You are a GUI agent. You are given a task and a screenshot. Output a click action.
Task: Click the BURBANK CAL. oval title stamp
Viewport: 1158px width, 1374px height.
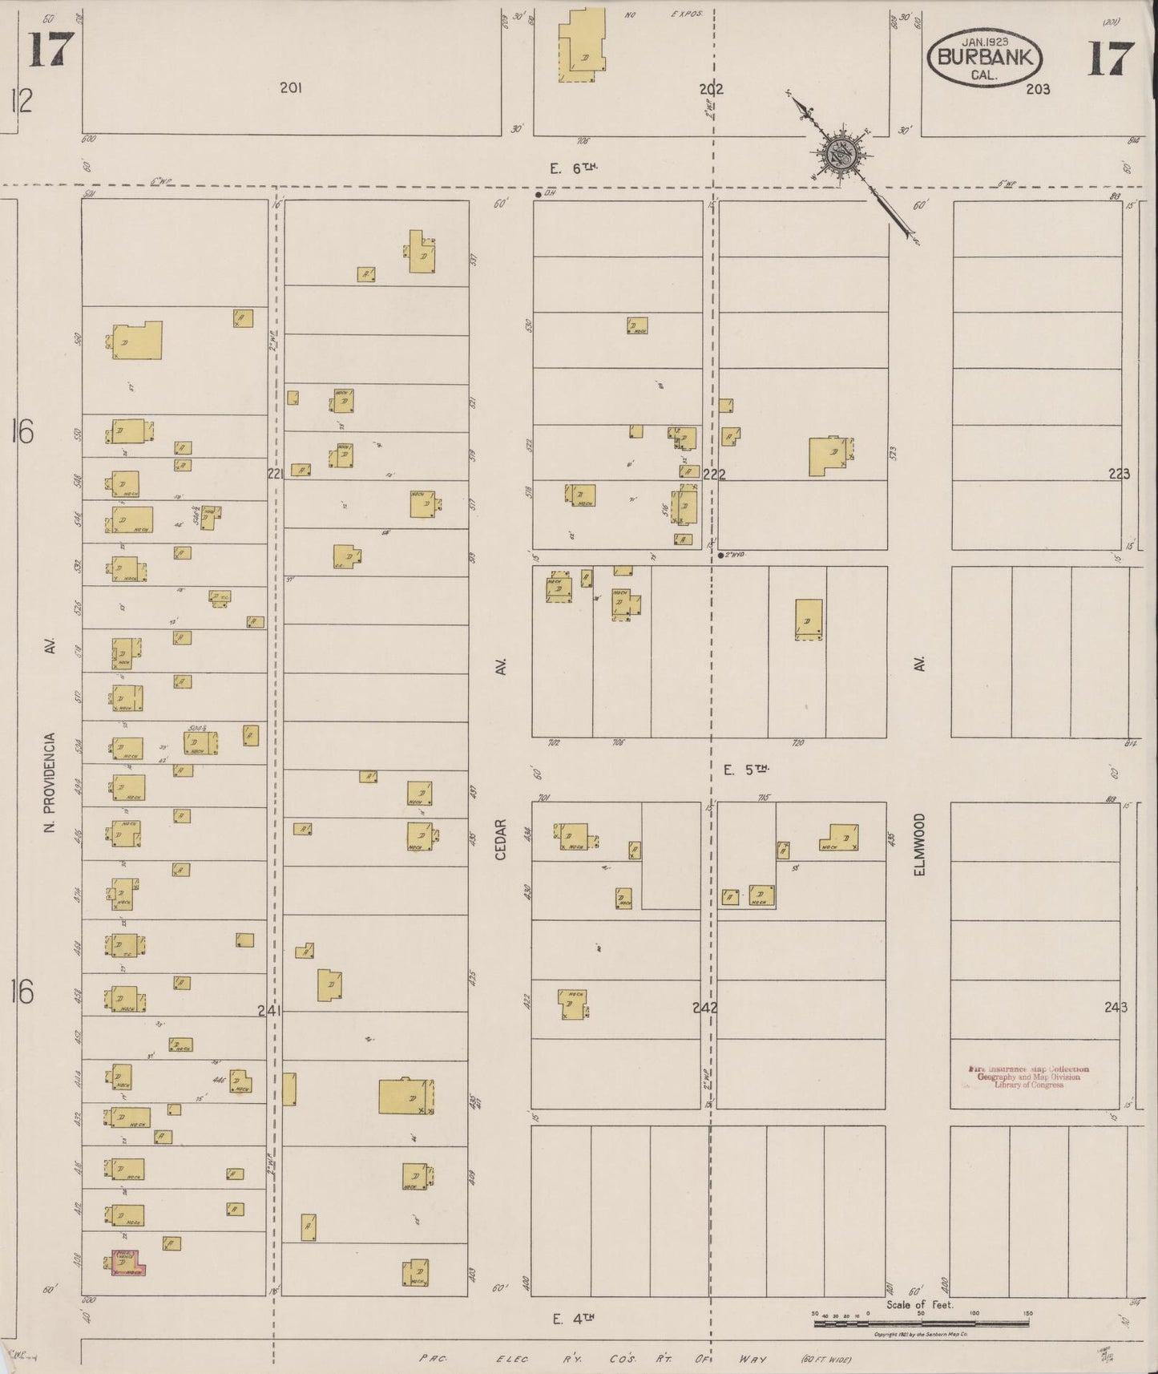click(985, 58)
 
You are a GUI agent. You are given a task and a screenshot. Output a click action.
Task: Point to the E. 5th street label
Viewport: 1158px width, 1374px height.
click(745, 770)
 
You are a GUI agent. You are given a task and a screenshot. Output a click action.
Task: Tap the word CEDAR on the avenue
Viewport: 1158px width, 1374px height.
click(501, 839)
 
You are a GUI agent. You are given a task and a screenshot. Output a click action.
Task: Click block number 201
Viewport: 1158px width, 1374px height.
click(290, 89)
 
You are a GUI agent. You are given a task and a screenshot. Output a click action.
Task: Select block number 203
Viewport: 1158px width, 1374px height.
click(1037, 89)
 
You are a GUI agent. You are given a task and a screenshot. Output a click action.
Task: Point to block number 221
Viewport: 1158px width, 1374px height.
click(276, 474)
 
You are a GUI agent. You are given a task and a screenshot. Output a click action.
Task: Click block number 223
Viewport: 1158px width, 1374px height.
click(1119, 474)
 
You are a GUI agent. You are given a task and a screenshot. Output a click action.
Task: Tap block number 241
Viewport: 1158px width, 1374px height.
click(269, 1011)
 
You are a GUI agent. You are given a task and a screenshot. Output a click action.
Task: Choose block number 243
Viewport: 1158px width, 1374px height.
click(1115, 1007)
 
